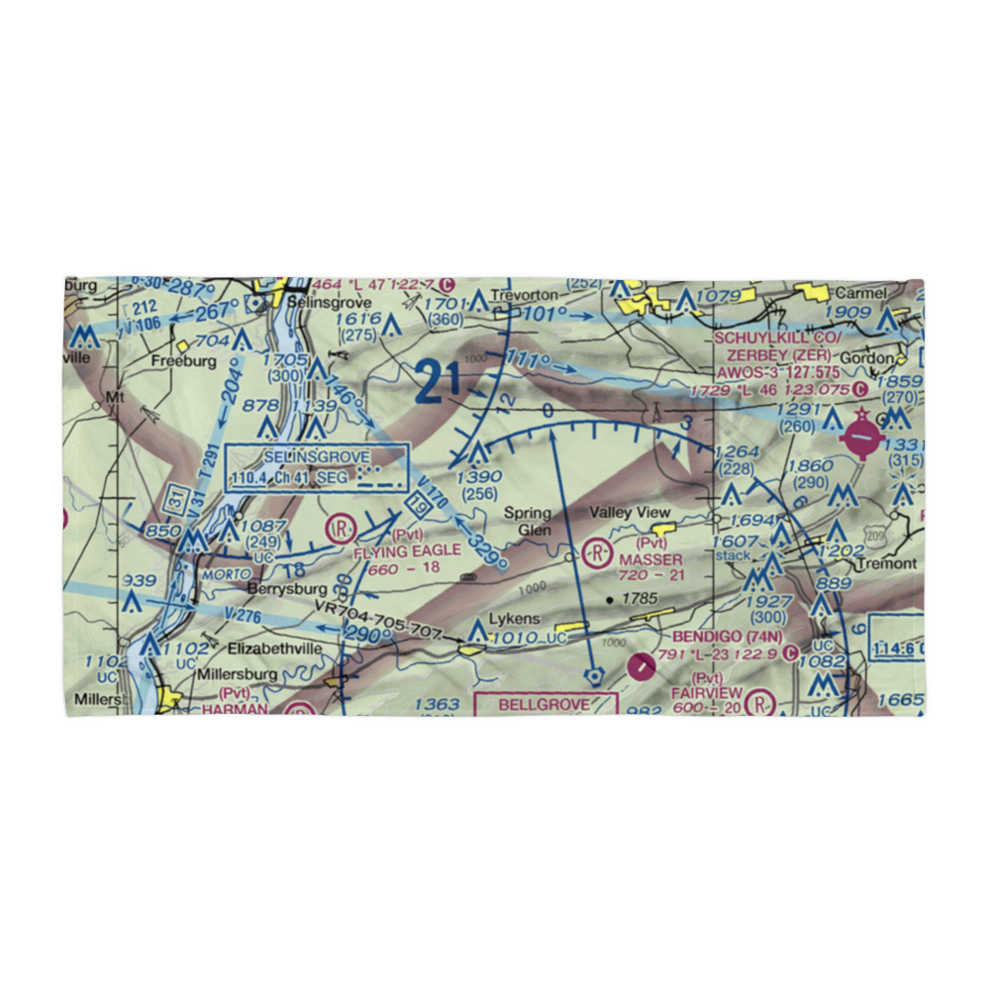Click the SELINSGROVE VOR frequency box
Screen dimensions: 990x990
point(317,467)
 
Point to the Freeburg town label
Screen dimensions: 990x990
point(183,361)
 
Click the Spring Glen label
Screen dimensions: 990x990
point(527,521)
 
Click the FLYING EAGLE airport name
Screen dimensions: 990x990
point(407,549)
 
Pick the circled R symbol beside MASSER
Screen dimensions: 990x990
point(597,550)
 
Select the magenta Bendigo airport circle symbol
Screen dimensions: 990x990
point(642,668)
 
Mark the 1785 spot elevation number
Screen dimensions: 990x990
point(640,599)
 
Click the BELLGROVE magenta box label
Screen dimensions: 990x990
point(544,704)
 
